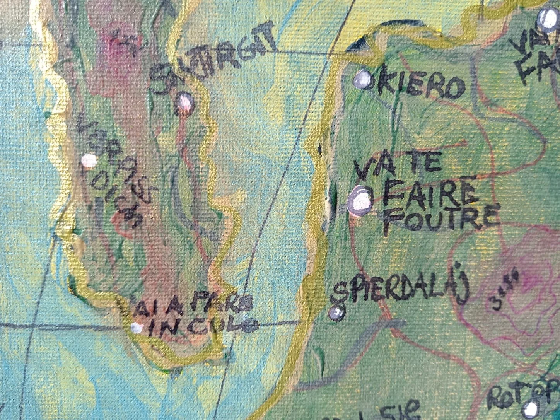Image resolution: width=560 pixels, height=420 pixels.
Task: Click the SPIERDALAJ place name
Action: [400, 292]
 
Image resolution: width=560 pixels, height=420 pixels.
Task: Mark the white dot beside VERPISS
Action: [89, 160]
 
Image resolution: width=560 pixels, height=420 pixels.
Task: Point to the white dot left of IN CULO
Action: [135, 328]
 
